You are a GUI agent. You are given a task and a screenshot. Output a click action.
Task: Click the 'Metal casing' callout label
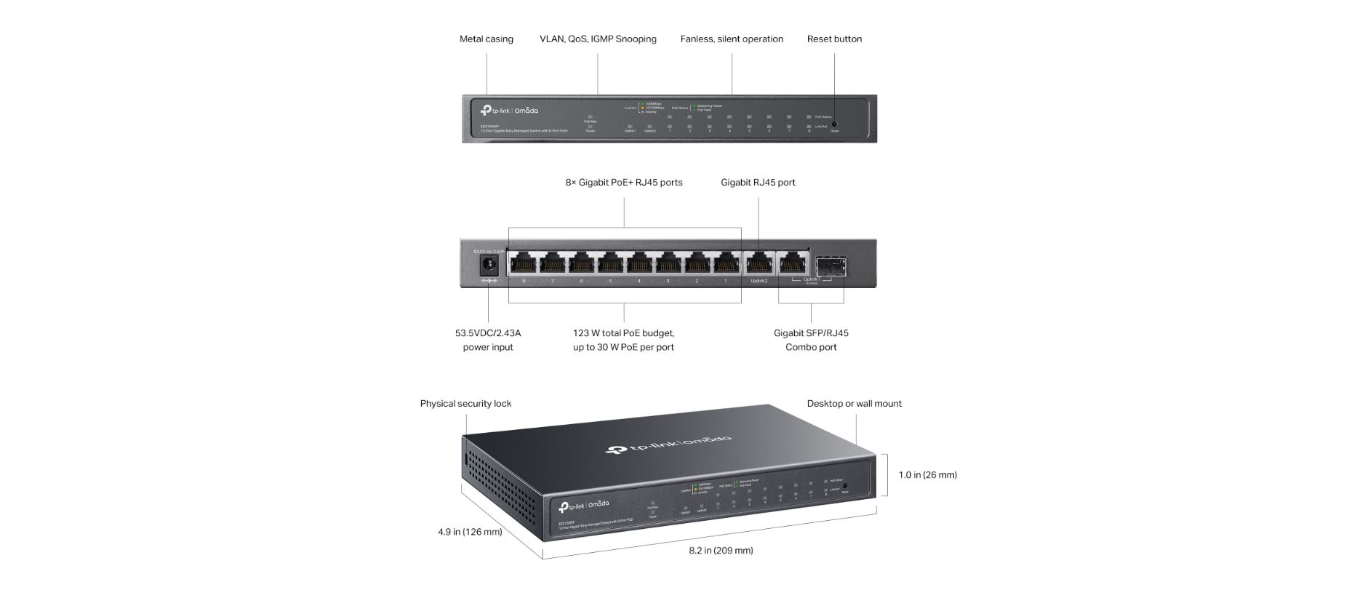(486, 39)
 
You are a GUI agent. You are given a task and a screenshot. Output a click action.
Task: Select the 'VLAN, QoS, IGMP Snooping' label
(598, 39)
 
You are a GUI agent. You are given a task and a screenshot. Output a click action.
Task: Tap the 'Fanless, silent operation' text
(732, 39)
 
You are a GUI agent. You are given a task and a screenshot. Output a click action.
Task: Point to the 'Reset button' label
(834, 39)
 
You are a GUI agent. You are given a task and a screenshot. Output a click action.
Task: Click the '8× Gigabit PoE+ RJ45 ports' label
(624, 183)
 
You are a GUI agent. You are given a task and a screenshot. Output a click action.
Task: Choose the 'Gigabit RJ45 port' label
(758, 183)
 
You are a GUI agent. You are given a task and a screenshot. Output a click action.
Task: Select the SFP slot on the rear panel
(828, 263)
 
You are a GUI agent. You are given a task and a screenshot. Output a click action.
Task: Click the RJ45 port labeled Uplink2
(758, 263)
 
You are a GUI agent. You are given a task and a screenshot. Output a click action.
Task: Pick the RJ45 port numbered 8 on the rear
(523, 263)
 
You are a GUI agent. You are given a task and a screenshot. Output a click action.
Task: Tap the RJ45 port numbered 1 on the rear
(725, 263)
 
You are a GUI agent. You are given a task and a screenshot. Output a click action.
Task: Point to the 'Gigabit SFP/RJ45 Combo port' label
(811, 340)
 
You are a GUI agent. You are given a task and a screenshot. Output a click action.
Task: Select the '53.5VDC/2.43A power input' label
(488, 340)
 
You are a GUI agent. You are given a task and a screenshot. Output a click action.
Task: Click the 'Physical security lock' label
(465, 404)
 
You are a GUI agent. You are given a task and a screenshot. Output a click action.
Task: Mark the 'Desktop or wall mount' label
(854, 404)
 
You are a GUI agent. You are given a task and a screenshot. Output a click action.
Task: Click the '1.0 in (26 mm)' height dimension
(927, 475)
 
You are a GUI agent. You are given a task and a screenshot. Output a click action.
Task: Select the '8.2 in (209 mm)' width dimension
(721, 551)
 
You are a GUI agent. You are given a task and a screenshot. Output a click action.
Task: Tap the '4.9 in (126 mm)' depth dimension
(470, 532)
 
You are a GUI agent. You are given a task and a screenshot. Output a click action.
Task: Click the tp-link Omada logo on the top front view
(509, 111)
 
